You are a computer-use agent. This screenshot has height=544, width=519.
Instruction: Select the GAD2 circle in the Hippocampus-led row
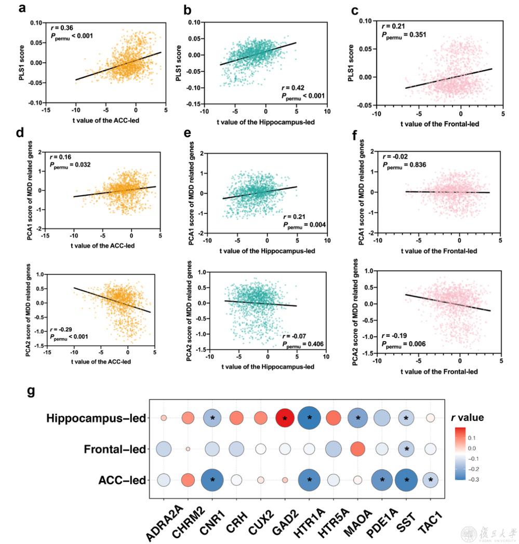(285, 418)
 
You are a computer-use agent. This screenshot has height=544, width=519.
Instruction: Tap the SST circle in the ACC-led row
(405, 480)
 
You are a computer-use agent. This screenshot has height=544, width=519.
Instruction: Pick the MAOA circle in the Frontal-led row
(357, 448)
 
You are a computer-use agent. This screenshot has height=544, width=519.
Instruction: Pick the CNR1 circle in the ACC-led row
(212, 480)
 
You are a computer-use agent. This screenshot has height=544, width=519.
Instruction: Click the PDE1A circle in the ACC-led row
(381, 480)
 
